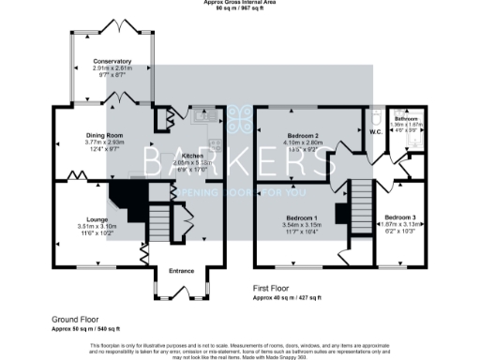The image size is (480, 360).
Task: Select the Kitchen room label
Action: (192, 156)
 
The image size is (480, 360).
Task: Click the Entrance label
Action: (181, 271)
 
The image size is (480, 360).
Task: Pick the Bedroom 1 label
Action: (302, 217)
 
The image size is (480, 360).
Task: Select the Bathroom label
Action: (406, 119)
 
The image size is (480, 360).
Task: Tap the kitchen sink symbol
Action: (204, 118)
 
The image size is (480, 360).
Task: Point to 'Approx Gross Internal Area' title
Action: (239, 3)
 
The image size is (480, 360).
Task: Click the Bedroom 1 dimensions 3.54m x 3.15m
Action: (302, 224)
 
